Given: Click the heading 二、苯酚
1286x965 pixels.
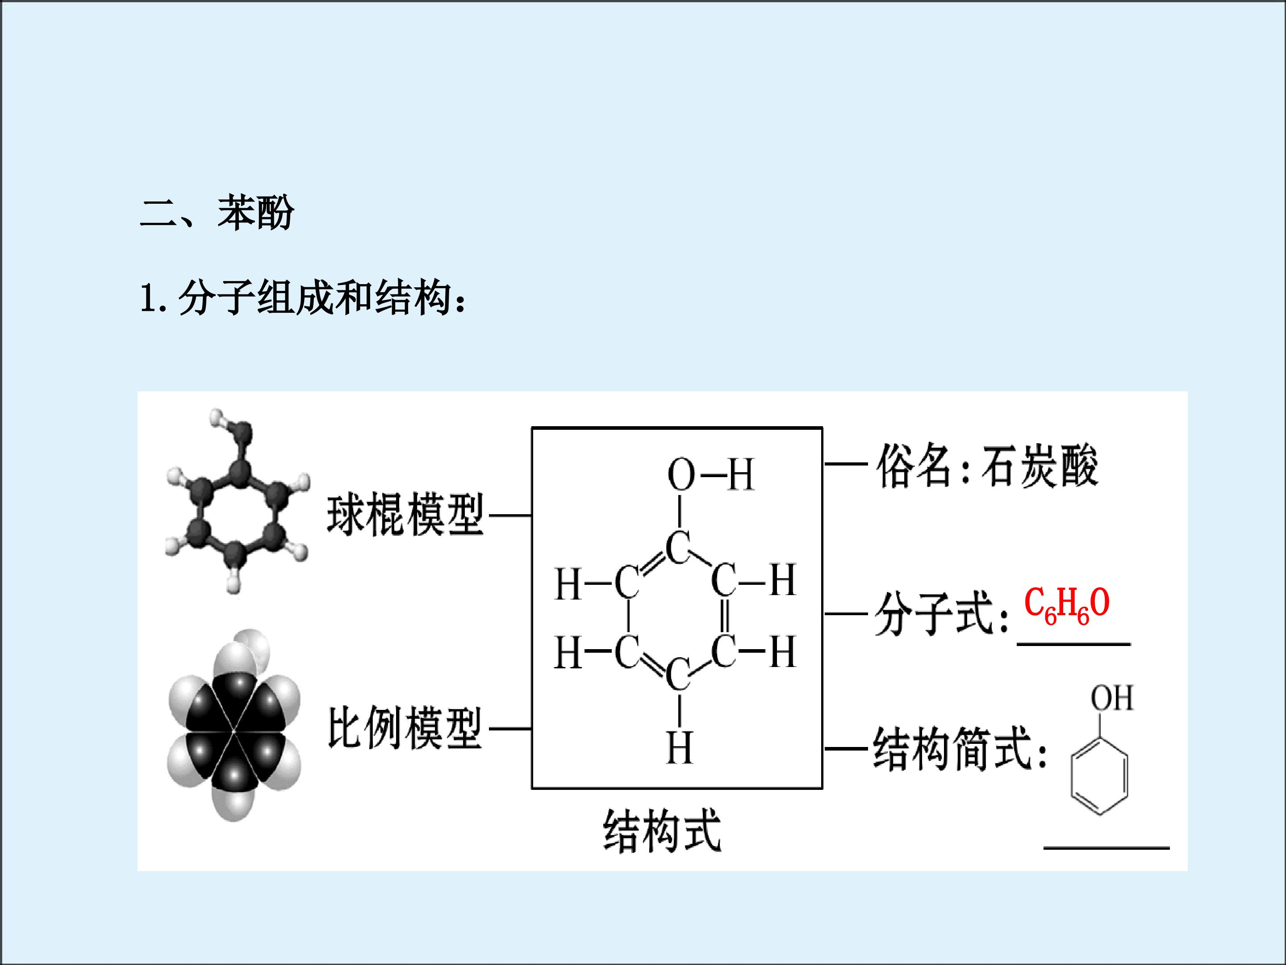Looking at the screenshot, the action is click(x=217, y=213).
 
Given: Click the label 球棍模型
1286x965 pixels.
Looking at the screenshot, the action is click(x=405, y=515).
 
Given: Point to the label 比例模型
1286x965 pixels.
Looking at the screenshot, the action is click(x=405, y=728).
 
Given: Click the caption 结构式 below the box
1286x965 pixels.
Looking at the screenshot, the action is click(x=662, y=831).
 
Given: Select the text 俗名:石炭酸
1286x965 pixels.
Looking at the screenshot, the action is click(x=987, y=466).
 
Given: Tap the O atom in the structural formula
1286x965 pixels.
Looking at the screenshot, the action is click(x=681, y=474).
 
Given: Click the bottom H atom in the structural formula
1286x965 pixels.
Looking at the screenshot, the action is click(x=680, y=747).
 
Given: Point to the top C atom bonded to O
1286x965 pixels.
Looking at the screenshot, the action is click(x=678, y=548).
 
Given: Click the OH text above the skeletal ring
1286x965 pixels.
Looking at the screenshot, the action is click(x=1111, y=698).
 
